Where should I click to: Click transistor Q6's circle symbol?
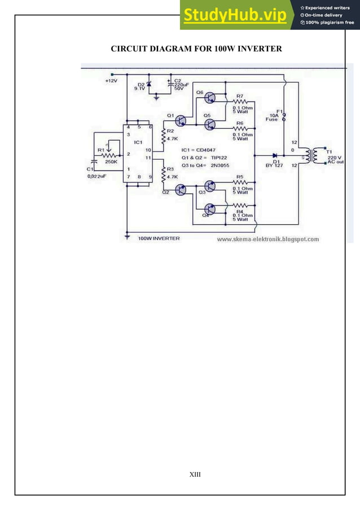click(x=209, y=98)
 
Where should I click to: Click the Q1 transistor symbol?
click(x=181, y=120)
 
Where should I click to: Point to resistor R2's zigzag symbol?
click(x=163, y=136)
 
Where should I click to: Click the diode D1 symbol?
click(x=275, y=155)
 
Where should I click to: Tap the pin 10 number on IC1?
click(x=148, y=150)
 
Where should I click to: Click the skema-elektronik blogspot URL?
click(x=267, y=239)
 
